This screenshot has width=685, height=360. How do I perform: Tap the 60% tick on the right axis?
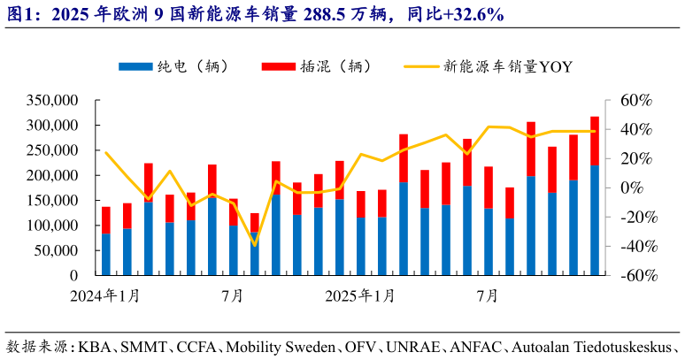click(x=635, y=100)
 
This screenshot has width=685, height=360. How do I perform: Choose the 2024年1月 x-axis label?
click(x=106, y=295)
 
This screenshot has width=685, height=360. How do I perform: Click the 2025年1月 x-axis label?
click(x=360, y=295)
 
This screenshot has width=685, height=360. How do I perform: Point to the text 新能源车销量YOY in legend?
click(x=508, y=66)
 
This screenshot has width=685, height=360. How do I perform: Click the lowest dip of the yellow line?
click(x=255, y=245)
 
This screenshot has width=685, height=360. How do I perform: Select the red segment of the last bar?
click(x=595, y=141)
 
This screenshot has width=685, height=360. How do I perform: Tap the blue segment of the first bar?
click(x=106, y=254)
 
